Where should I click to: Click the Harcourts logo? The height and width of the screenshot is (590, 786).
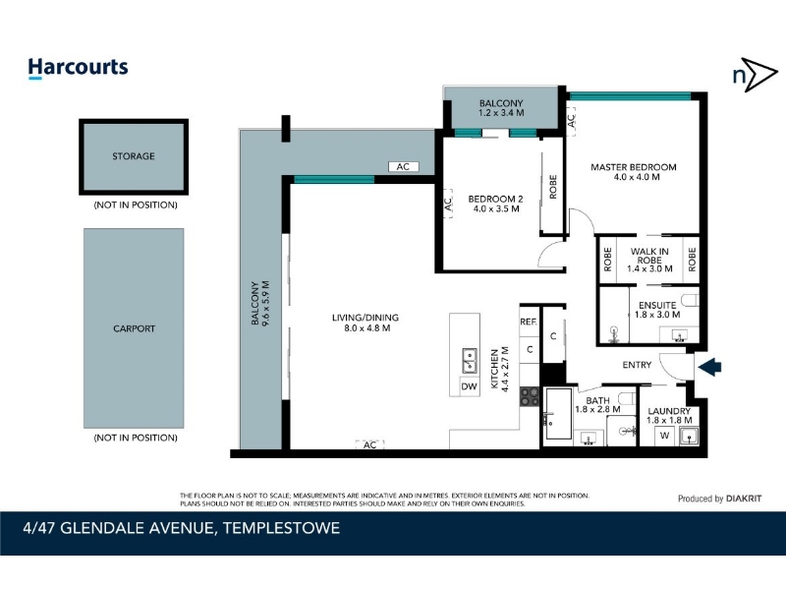coord(78,68)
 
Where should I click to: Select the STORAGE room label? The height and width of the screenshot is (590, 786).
coord(134,156)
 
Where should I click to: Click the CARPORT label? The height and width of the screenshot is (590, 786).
coord(134,328)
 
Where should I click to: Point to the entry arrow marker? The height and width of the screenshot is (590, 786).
coord(709,367)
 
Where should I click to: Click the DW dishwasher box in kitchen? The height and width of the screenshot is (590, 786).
coord(470,386)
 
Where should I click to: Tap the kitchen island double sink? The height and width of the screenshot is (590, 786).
coord(470,360)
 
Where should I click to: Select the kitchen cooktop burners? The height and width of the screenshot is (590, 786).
coord(530,396)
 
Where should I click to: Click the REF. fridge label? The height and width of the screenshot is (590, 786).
coord(529,322)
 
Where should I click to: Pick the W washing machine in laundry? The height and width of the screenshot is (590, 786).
coord(665,436)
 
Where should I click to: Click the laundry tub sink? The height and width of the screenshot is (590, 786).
coord(690,436)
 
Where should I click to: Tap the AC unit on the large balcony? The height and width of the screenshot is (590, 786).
coord(403,166)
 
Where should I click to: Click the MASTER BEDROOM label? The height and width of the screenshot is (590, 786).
coord(633,167)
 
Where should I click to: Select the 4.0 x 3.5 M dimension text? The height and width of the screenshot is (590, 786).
coord(496,208)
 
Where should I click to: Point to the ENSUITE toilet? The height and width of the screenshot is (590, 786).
coord(691,300)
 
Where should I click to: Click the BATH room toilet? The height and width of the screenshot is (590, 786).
coord(628,398)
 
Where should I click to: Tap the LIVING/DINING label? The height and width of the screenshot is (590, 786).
coord(365,318)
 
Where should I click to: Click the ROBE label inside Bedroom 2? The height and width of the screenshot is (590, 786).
coord(553,187)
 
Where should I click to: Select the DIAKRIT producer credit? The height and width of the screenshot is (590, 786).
coord(744,499)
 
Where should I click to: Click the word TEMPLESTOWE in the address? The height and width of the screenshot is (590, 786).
coord(281,528)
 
